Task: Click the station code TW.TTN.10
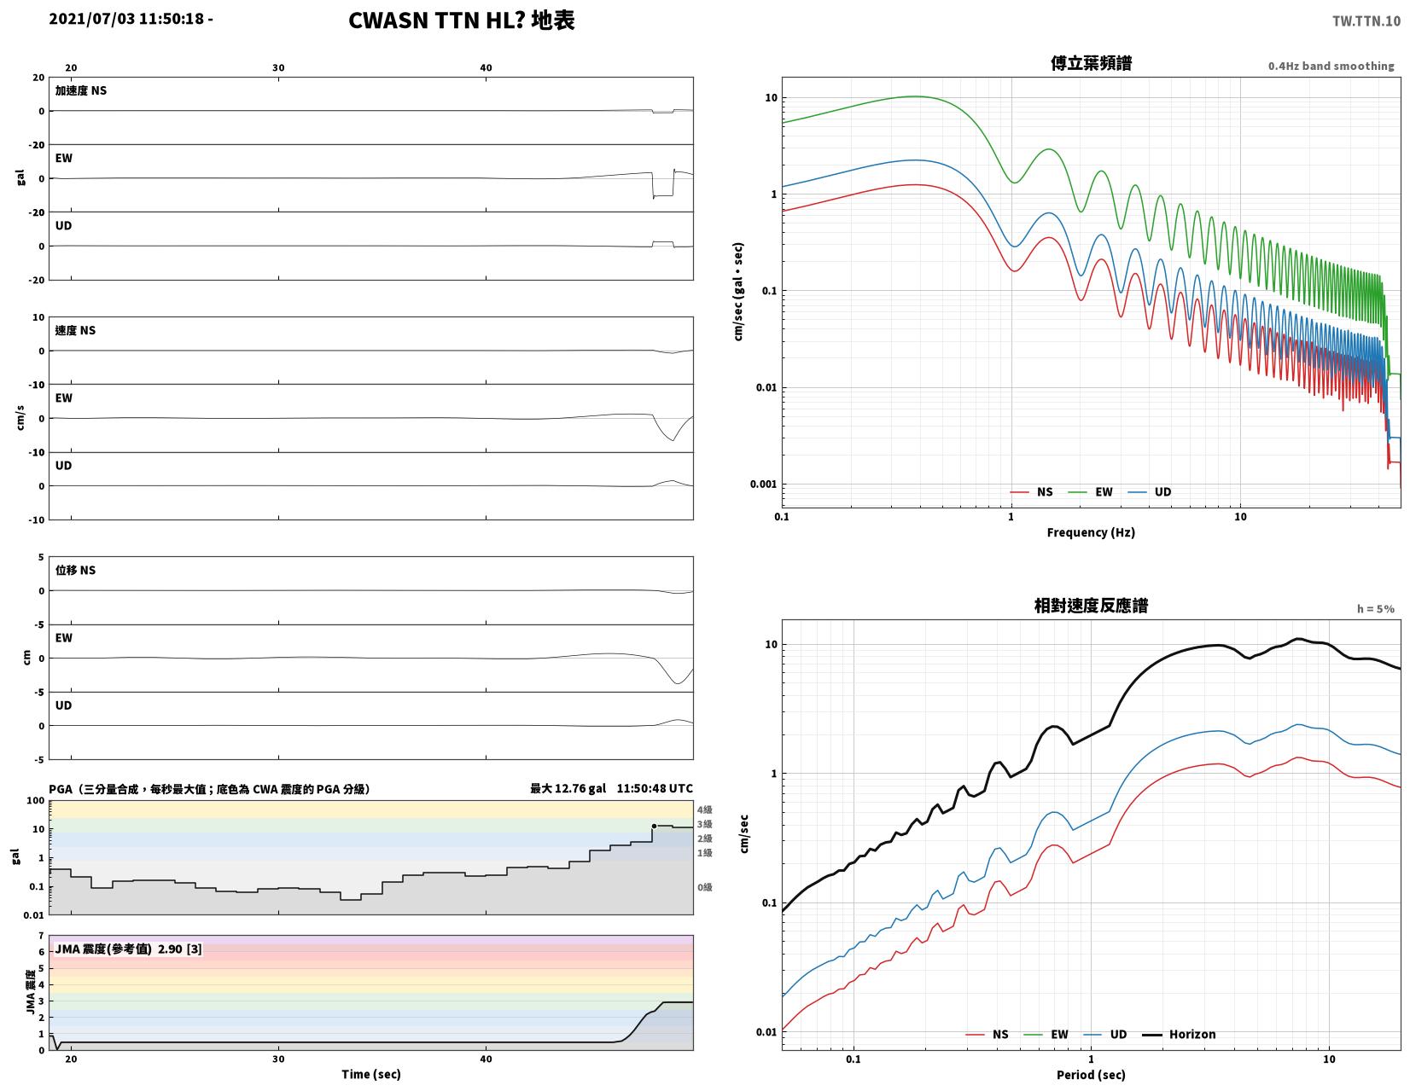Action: pyautogui.click(x=1366, y=20)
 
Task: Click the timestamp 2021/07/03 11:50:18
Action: pyautogui.click(x=126, y=18)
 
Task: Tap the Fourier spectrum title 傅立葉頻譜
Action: pyautogui.click(x=1091, y=63)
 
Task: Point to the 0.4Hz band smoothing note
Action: pyautogui.click(x=1331, y=66)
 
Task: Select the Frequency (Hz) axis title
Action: pyautogui.click(x=1091, y=532)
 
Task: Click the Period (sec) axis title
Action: pyautogui.click(x=1091, y=1075)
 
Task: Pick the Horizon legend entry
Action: pyautogui.click(x=1179, y=1034)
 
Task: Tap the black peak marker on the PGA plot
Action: pyautogui.click(x=654, y=826)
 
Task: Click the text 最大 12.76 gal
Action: pyautogui.click(x=568, y=788)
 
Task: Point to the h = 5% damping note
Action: pyautogui.click(x=1375, y=609)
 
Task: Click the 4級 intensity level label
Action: pyautogui.click(x=705, y=810)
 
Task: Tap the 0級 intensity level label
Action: pyautogui.click(x=705, y=887)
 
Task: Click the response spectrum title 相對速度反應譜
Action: pyautogui.click(x=1091, y=606)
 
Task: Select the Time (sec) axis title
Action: pyautogui.click(x=371, y=1074)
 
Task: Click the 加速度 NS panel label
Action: pyautogui.click(x=81, y=90)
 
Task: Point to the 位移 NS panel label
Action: pyautogui.click(x=75, y=570)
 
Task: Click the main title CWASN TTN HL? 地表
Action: pyautogui.click(x=462, y=20)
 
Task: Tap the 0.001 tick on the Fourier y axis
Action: pyautogui.click(x=763, y=485)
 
